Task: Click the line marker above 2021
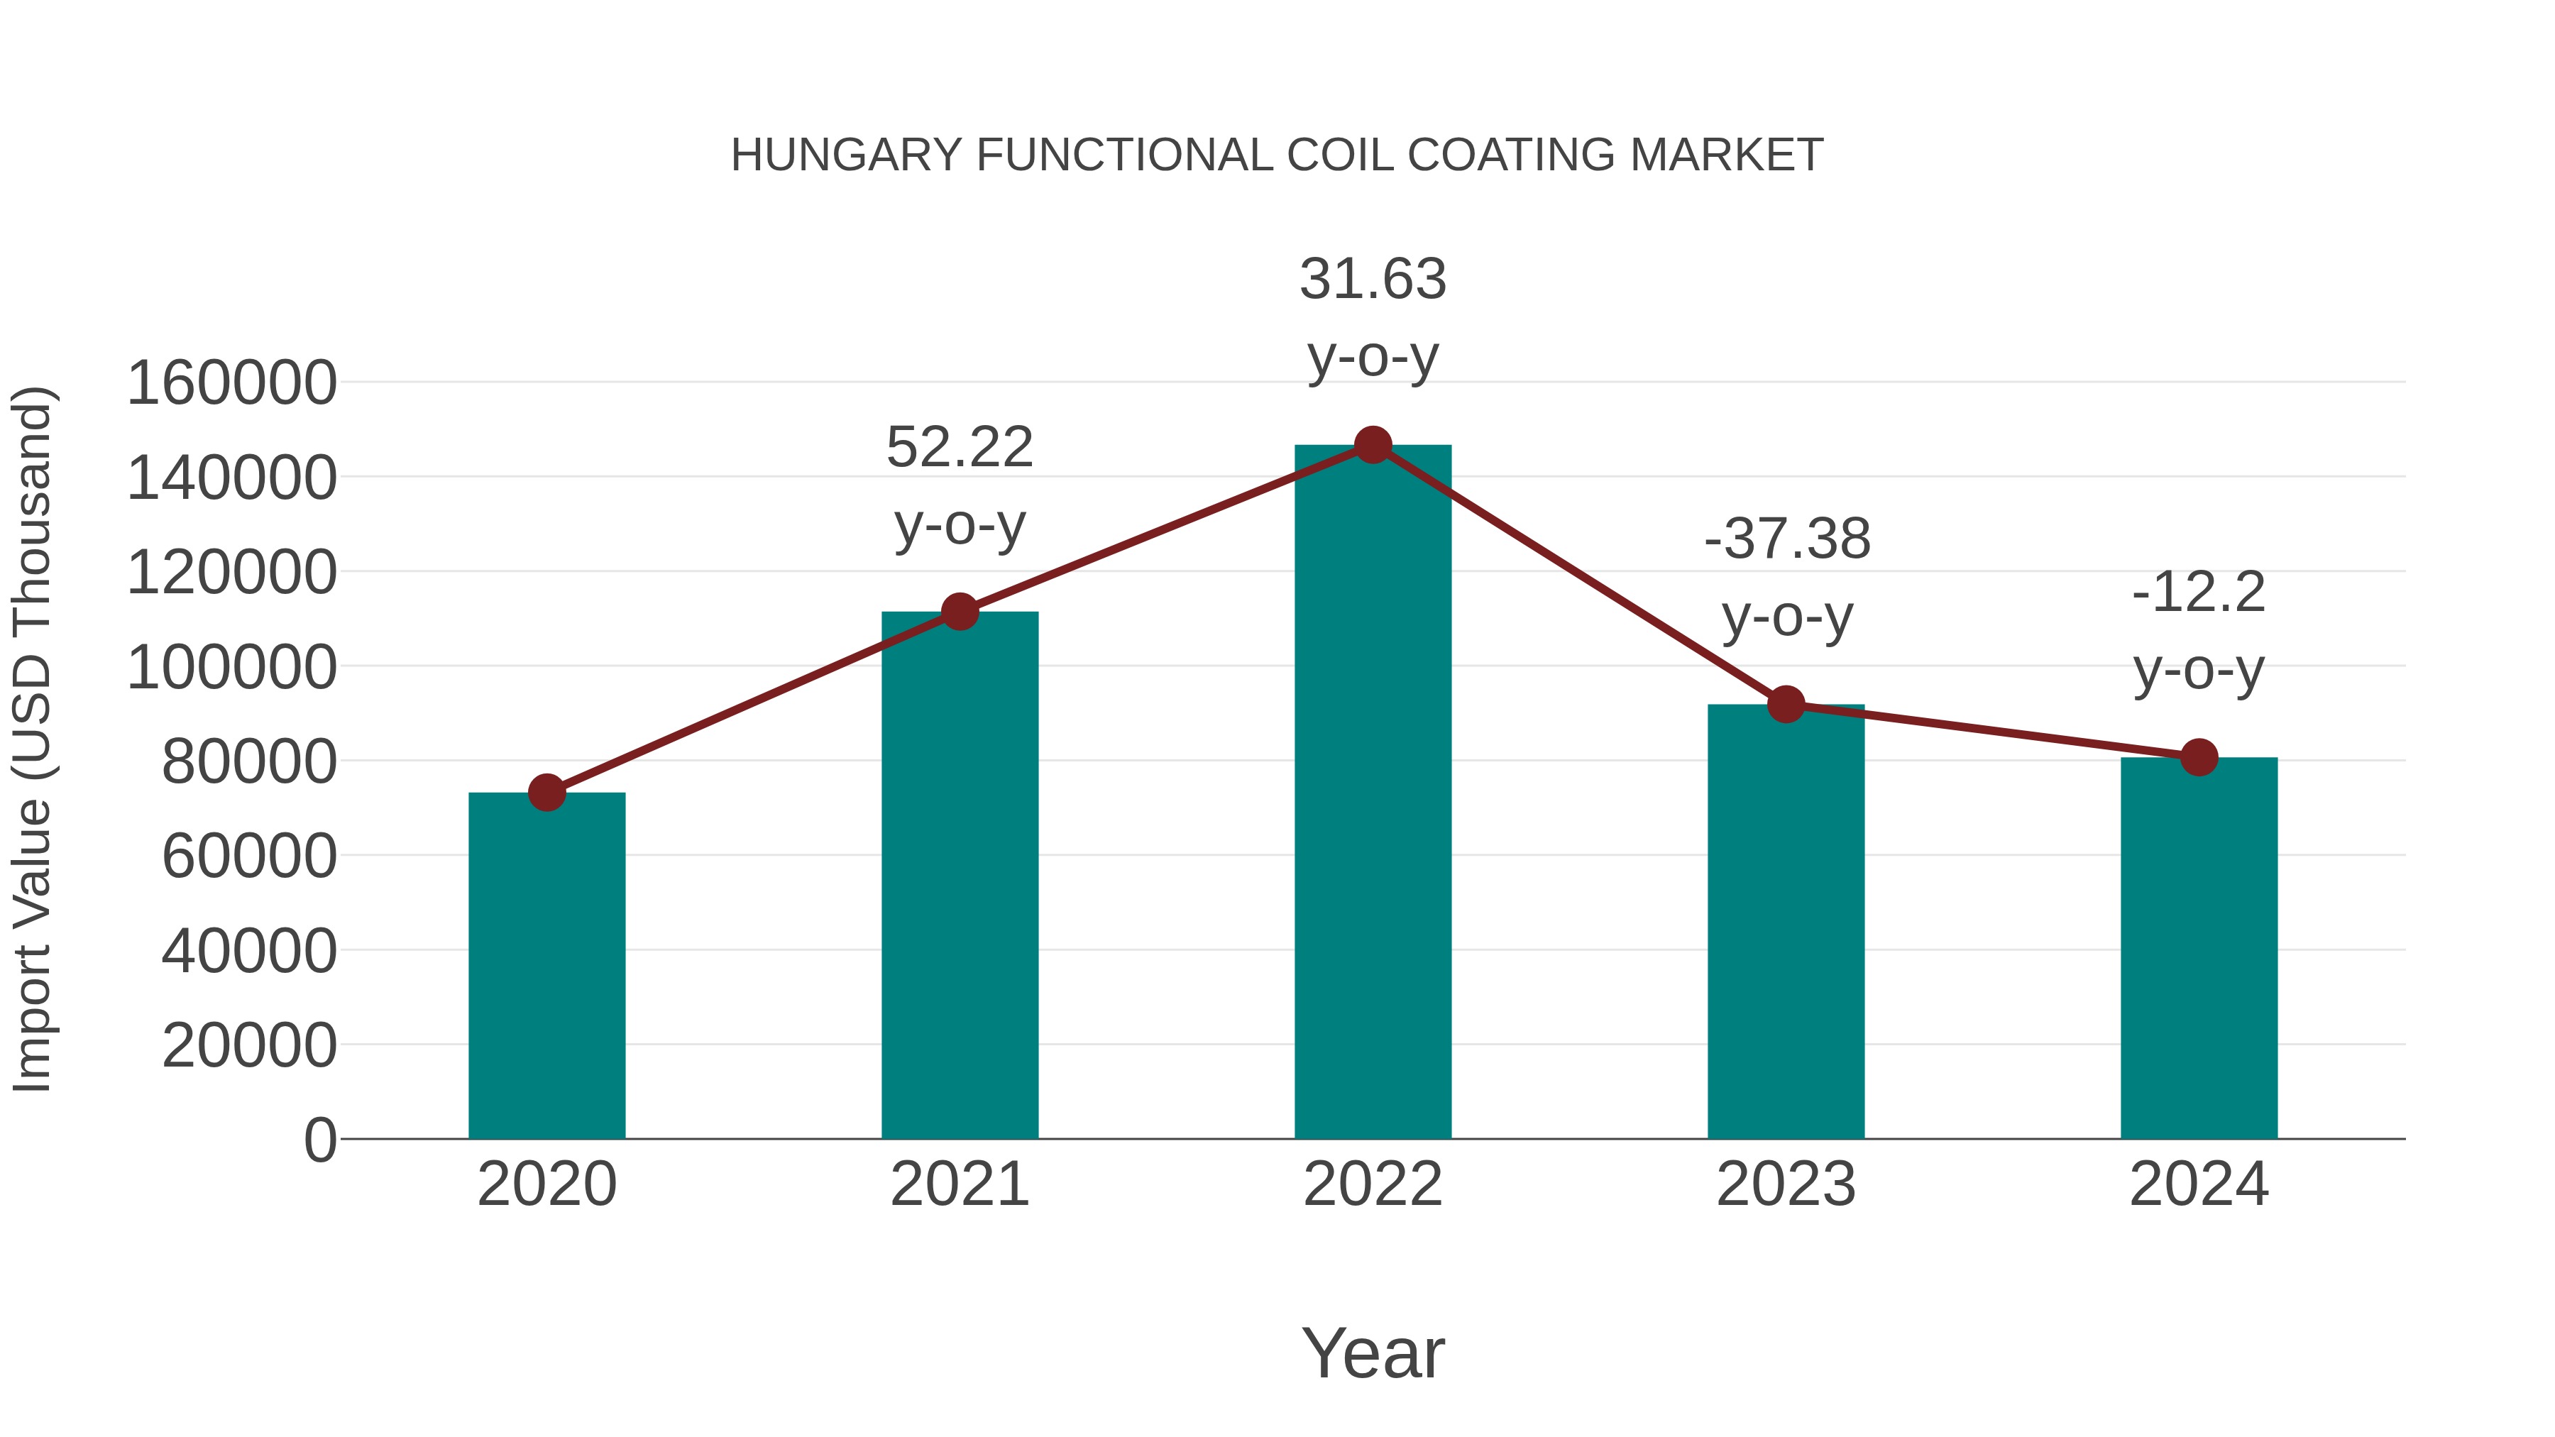[959, 612]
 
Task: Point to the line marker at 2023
[1786, 704]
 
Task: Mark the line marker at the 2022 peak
[1373, 445]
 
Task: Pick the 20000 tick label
[249, 1045]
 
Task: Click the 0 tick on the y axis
[319, 1140]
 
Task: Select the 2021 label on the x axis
[959, 1184]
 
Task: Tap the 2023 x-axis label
[1786, 1184]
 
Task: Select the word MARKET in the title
[1726, 155]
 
